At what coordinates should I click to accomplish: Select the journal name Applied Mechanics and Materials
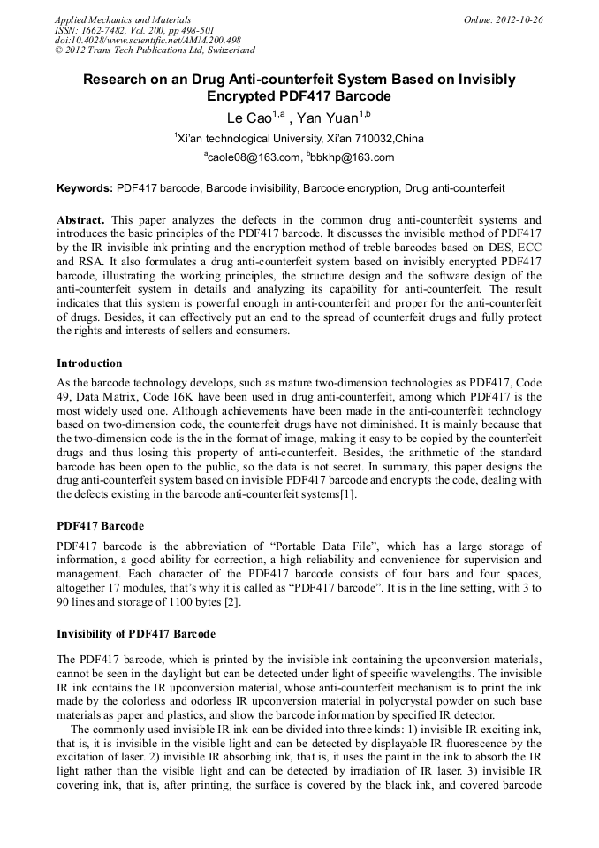[123, 19]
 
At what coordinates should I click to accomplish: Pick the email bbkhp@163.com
[353, 158]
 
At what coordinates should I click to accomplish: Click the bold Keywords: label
[85, 188]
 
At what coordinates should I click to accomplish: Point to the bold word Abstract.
[81, 218]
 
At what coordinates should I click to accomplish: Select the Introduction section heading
[89, 363]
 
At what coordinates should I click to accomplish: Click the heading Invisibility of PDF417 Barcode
[136, 634]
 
